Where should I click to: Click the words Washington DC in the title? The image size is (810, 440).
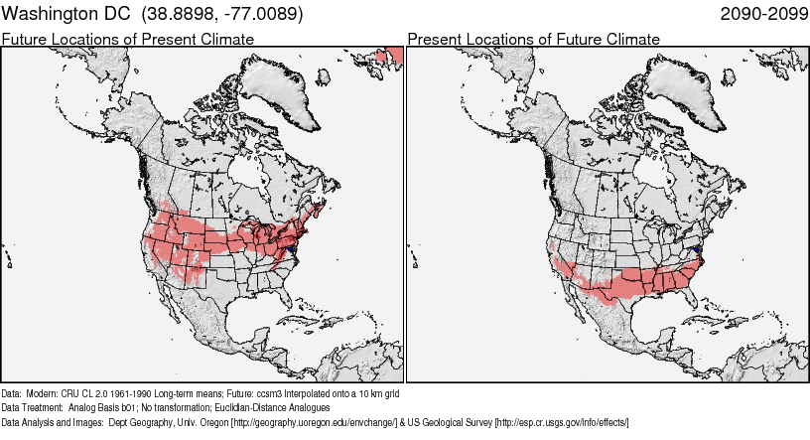pyautogui.click(x=67, y=15)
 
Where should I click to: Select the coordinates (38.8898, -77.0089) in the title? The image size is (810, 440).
pyautogui.click(x=222, y=15)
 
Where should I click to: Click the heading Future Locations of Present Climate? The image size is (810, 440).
pyautogui.click(x=128, y=39)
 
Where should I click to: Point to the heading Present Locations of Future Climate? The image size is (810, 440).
pyautogui.click(x=533, y=39)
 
